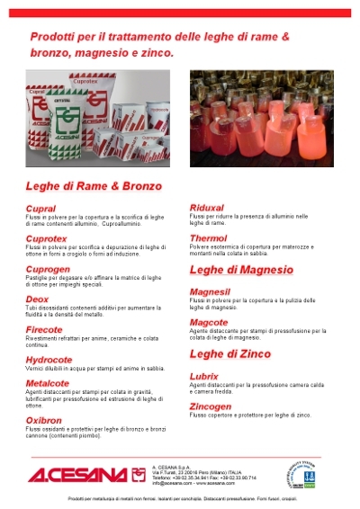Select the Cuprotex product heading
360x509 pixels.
tap(48, 237)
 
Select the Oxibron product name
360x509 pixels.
tap(44, 419)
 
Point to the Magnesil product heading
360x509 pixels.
tap(211, 291)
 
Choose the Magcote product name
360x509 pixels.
tap(209, 321)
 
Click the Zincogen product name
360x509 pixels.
tap(211, 406)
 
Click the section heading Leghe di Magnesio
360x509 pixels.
tap(241, 269)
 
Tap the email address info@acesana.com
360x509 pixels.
tap(175, 482)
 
